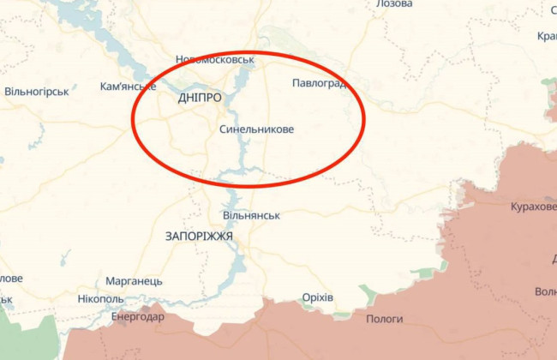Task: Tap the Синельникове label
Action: pyautogui.click(x=256, y=129)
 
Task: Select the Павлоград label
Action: pyautogui.click(x=319, y=83)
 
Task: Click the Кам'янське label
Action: pyautogui.click(x=128, y=87)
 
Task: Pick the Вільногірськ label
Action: pyautogui.click(x=37, y=91)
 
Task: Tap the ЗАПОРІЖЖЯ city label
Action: pyautogui.click(x=199, y=235)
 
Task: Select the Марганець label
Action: pyautogui.click(x=134, y=281)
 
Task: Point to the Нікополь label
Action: pyautogui.click(x=100, y=299)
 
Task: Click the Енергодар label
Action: pyautogui.click(x=137, y=316)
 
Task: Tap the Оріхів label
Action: pyautogui.click(x=318, y=297)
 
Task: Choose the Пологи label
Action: pyautogui.click(x=385, y=319)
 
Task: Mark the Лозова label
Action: pyautogui.click(x=394, y=4)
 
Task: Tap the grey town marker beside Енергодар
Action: pyautogui.click(x=155, y=306)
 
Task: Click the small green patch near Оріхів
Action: pyautogui.click(x=367, y=295)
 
